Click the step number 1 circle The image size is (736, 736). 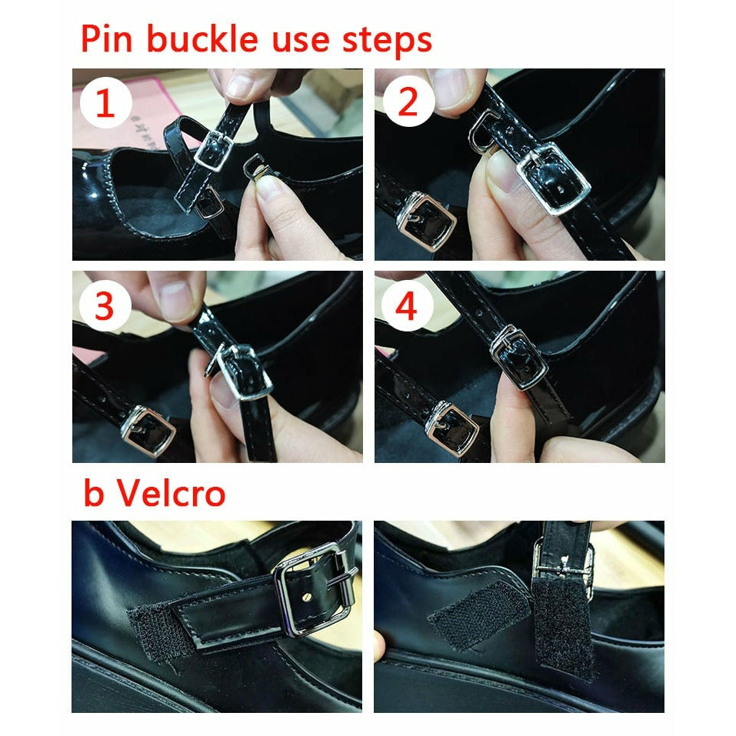(x=105, y=102)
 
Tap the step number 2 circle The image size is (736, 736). (x=408, y=101)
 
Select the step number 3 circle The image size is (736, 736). (x=105, y=305)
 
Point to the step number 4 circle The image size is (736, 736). (x=407, y=306)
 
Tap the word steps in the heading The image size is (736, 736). (x=387, y=40)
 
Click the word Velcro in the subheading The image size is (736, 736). (x=172, y=493)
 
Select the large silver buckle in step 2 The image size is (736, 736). (x=554, y=178)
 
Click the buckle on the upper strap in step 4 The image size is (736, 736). (x=518, y=357)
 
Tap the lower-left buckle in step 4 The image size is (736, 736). (x=451, y=428)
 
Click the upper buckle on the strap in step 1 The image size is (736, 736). (x=214, y=150)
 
